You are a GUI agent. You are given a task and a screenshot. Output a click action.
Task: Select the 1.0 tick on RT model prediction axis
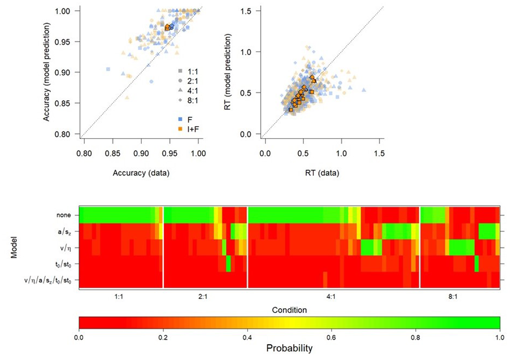click(247, 52)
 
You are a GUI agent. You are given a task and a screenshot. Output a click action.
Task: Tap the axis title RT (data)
click(322, 173)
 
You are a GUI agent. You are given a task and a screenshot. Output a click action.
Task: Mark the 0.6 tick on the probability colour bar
click(332, 337)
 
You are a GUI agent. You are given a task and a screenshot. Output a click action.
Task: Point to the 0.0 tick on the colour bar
click(79, 337)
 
